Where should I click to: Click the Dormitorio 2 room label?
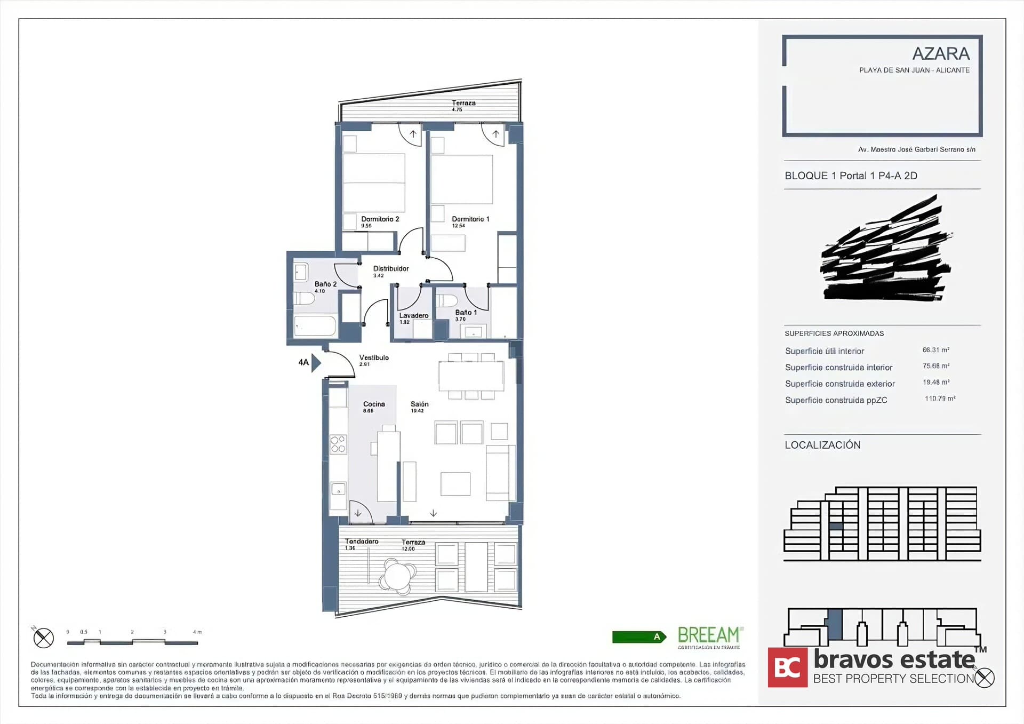[x=380, y=219]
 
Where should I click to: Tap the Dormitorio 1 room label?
[x=470, y=219]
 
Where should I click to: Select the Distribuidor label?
[x=390, y=269]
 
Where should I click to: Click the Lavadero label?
[x=413, y=316]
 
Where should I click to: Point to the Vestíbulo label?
[x=373, y=358]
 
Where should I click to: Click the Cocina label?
[x=373, y=404]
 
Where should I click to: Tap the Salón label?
[x=419, y=404]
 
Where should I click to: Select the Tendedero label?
[x=361, y=542]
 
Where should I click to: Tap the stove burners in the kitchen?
[x=338, y=444]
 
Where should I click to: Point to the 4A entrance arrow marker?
[x=315, y=363]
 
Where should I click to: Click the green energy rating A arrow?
[x=639, y=637]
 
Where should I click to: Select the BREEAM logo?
[x=709, y=636]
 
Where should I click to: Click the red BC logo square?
[x=787, y=667]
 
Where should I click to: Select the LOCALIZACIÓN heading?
[x=822, y=445]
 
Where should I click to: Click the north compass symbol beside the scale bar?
[x=43, y=638]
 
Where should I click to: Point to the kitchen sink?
[x=338, y=489]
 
